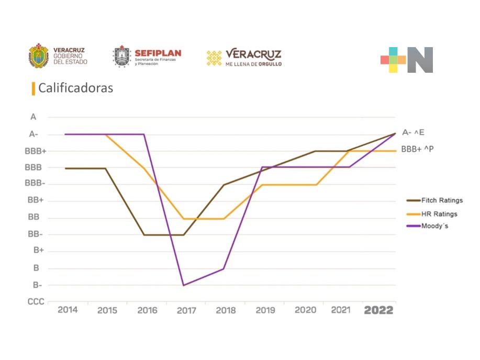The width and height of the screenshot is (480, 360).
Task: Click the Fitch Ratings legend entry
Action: pos(434,200)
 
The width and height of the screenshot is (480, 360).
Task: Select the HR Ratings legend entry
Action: pos(432,213)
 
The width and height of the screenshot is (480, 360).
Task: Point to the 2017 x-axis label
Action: pos(186,310)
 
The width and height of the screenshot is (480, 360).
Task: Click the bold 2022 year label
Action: pos(378,310)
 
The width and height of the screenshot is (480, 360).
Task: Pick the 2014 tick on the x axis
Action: pos(68,310)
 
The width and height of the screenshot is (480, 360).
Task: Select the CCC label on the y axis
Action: pos(36,302)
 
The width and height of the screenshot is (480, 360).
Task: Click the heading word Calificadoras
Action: pos(75,88)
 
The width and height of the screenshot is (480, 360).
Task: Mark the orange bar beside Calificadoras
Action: pos(34,88)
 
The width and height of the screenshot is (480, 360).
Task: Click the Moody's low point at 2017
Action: pos(183,285)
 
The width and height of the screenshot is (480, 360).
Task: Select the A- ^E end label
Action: pos(413,133)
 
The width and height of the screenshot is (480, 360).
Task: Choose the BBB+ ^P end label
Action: pos(417,149)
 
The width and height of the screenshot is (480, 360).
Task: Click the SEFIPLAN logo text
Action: pos(158,53)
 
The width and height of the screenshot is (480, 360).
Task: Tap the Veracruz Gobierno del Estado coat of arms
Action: pos(39,57)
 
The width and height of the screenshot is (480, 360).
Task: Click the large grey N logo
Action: pos(420,60)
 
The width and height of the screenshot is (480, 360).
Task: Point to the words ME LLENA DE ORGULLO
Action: pos(253,64)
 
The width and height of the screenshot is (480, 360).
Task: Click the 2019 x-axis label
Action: pos(265,310)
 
